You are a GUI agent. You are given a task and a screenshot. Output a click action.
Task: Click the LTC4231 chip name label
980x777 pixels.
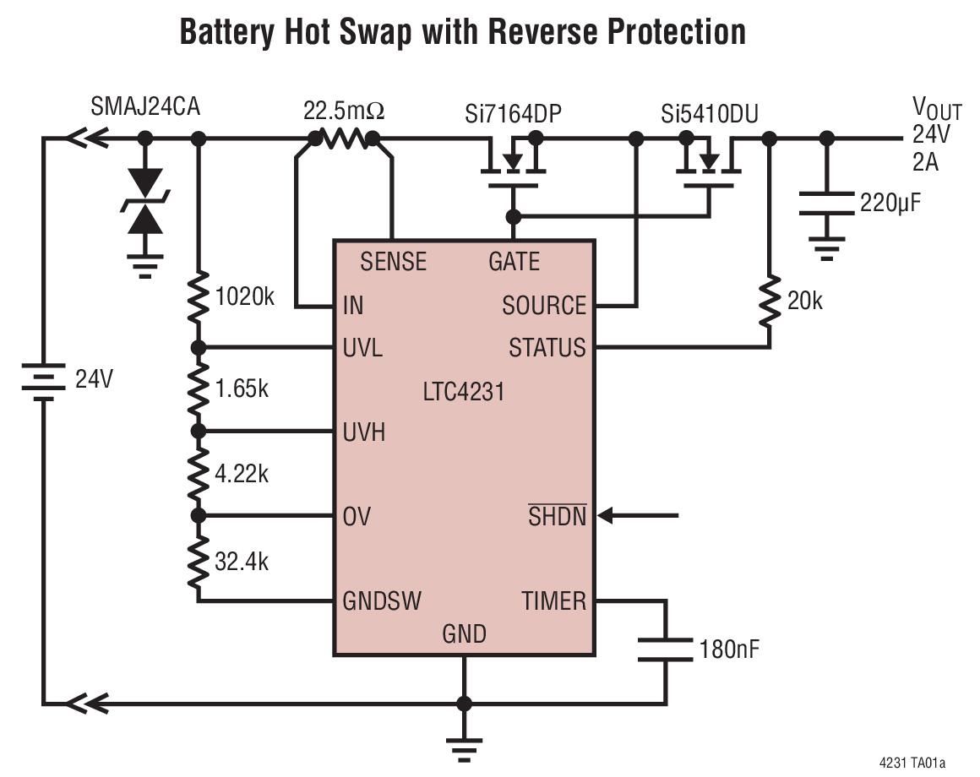click(463, 392)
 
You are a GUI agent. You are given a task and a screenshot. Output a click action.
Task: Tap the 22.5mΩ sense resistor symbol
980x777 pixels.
click(344, 138)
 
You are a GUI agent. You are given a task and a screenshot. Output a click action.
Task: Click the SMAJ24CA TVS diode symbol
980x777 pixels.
click(146, 201)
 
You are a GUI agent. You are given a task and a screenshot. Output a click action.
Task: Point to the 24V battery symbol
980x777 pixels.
click(43, 379)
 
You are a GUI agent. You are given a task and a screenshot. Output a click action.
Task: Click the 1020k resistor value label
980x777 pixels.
click(246, 297)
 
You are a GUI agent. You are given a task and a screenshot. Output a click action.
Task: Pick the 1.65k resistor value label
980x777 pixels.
click(242, 388)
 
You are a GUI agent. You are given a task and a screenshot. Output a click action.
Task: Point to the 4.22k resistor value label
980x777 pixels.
click(242, 473)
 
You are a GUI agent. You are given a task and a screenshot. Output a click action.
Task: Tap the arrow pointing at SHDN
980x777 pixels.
click(642, 514)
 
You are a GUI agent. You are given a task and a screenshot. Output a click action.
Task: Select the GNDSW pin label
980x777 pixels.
click(382, 601)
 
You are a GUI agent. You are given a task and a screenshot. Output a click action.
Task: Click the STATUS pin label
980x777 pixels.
click(547, 347)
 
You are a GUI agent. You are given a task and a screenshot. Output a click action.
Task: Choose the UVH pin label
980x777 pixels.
click(364, 432)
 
